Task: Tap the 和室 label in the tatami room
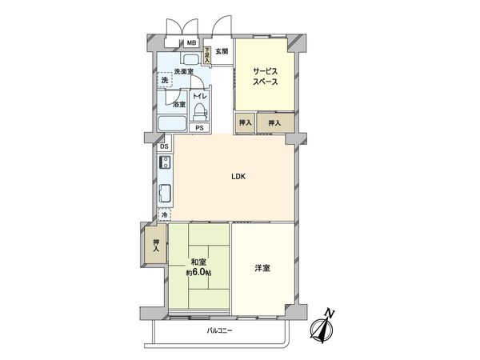tap(198, 262)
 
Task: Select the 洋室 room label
tap(262, 268)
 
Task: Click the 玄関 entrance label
tap(222, 51)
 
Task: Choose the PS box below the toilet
tap(199, 128)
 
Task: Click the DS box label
tap(163, 146)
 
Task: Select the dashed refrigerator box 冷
tap(165, 215)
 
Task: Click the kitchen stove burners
tap(165, 164)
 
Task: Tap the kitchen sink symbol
tap(165, 194)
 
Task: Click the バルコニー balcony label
tap(219, 330)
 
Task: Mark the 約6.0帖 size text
tap(198, 273)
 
